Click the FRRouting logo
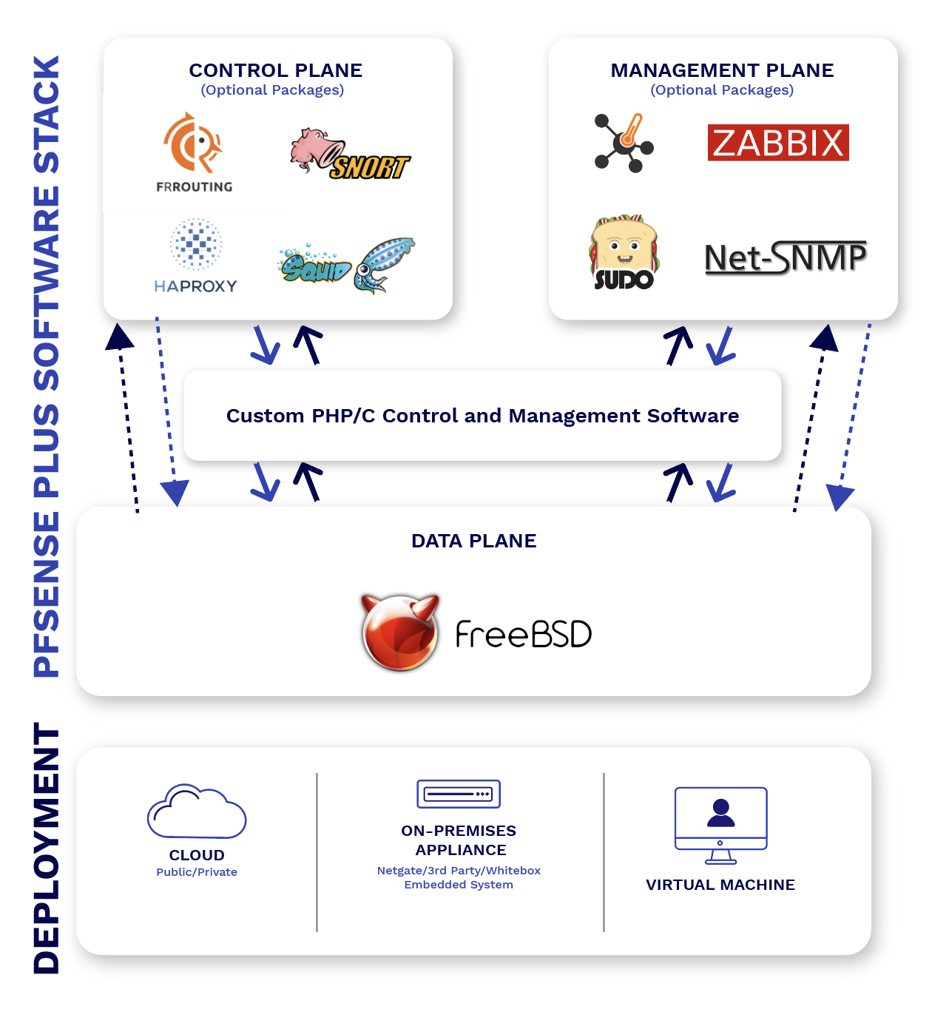(x=194, y=152)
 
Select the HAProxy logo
(x=195, y=256)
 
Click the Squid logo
(x=346, y=265)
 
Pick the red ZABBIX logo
(x=778, y=143)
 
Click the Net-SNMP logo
(x=786, y=257)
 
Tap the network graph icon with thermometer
(x=624, y=143)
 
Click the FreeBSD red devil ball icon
(x=400, y=632)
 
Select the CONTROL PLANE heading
(x=275, y=70)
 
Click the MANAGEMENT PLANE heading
(x=722, y=70)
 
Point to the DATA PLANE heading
(x=473, y=541)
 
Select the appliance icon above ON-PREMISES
(x=459, y=794)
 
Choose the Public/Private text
(x=197, y=872)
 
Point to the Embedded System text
(x=459, y=885)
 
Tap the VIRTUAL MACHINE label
(x=720, y=885)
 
